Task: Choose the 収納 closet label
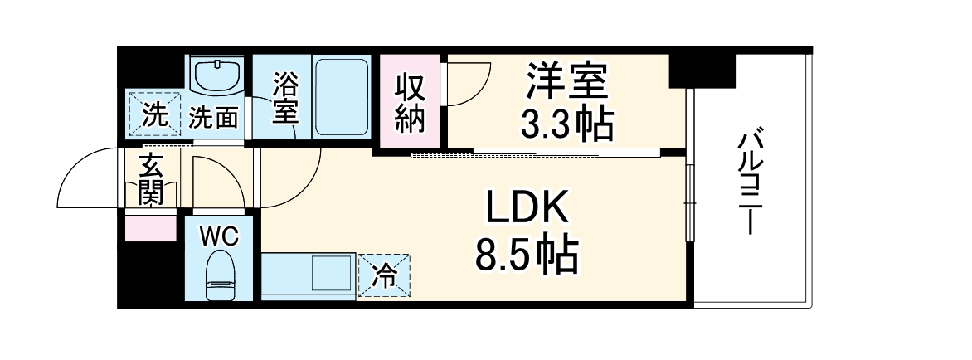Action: (410, 104)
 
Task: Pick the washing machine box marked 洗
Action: (153, 113)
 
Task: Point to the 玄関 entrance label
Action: (150, 180)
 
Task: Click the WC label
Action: (219, 236)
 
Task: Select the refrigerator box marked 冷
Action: (383, 275)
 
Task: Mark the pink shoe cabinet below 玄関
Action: (150, 227)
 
